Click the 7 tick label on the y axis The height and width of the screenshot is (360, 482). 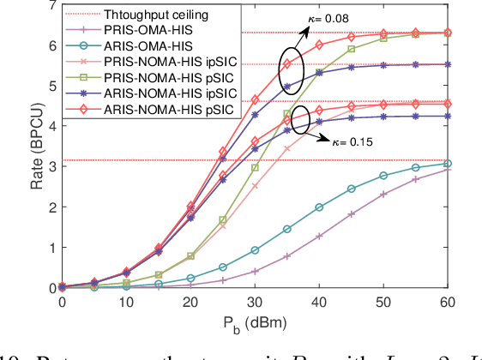[52, 5]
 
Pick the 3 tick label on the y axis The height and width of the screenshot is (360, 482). [52, 166]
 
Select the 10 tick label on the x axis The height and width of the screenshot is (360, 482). [127, 303]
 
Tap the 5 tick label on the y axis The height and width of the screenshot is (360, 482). [52, 86]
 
